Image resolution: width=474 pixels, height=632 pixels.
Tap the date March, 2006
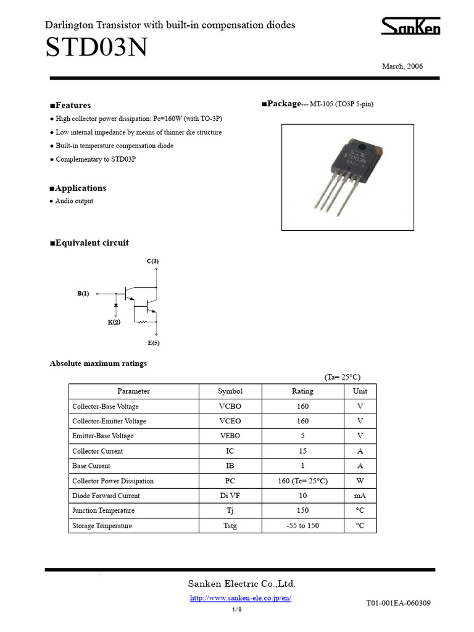pyautogui.click(x=402, y=67)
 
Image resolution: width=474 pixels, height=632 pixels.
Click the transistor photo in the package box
pyautogui.click(x=348, y=177)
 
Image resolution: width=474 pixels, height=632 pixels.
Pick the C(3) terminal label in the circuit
pyautogui.click(x=152, y=262)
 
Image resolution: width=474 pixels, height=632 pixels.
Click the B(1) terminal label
pyautogui.click(x=83, y=294)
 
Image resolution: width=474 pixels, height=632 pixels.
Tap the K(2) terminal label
pyautogui.click(x=114, y=322)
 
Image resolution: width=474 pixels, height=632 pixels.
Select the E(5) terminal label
pyautogui.click(x=153, y=343)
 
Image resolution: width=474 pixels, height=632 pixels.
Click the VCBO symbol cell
pyautogui.click(x=230, y=407)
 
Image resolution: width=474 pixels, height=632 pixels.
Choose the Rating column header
pyautogui.click(x=302, y=391)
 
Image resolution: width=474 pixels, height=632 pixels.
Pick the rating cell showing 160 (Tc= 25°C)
pyautogui.click(x=302, y=481)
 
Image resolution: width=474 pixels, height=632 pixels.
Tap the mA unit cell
pyautogui.click(x=360, y=496)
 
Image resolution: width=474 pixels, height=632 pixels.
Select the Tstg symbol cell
pyautogui.click(x=230, y=526)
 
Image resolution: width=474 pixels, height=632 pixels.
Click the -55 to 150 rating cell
pyautogui.click(x=302, y=526)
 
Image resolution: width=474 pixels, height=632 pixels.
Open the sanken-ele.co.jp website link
pyautogui.click(x=241, y=598)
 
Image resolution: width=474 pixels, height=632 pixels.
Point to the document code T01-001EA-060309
pyautogui.click(x=398, y=603)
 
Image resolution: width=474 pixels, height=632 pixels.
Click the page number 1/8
pyautogui.click(x=237, y=610)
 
